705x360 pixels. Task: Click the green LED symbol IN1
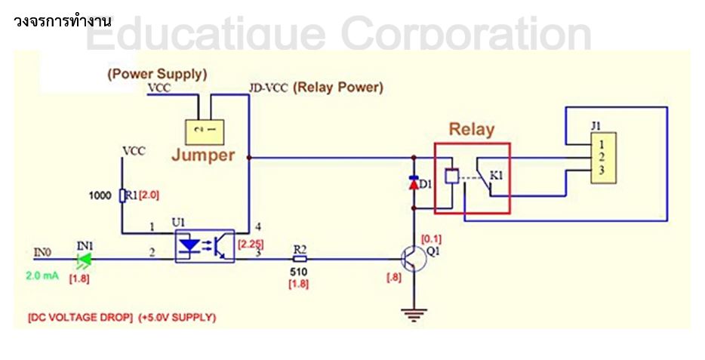point(84,259)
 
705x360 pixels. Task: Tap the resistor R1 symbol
point(122,195)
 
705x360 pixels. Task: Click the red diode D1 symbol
point(413,183)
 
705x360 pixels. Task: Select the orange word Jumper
point(203,155)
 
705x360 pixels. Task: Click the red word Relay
point(471,129)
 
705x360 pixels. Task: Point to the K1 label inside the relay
point(496,176)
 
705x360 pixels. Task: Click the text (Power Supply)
point(157,74)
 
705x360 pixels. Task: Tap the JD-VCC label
point(268,88)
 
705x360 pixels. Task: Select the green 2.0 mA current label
point(42,275)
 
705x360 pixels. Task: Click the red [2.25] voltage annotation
point(251,243)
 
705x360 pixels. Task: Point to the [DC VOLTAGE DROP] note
point(81,318)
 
